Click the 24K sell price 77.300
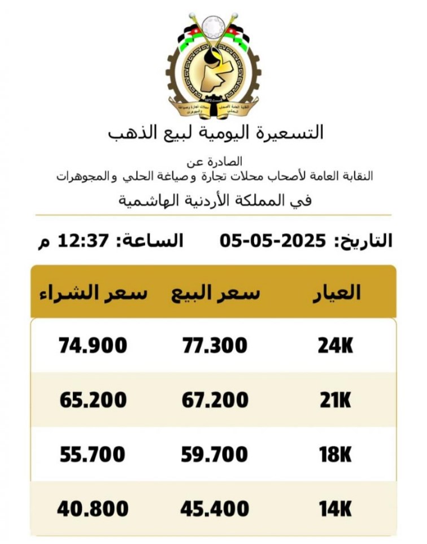215,345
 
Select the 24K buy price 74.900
93,345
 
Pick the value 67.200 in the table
215,400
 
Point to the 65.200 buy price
93,400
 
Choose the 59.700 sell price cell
215,454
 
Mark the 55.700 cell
93,454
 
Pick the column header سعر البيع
216,292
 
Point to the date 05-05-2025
273,241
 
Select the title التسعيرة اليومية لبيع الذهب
216,133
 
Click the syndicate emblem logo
213,65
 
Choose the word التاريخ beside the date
364,241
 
